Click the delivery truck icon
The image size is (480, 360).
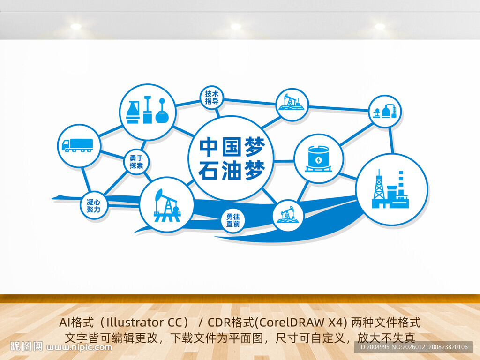[77, 145]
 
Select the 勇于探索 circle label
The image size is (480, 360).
[136, 162]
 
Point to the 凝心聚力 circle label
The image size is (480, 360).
[93, 206]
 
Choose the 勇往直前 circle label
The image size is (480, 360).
[232, 221]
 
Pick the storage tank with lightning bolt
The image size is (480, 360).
[319, 158]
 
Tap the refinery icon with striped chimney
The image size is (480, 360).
[391, 189]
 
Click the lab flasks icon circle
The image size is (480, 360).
[147, 112]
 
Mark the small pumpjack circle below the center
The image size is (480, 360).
[288, 215]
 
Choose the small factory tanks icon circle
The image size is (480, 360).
[385, 111]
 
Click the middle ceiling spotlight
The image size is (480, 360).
[235, 27]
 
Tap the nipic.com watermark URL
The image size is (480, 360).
[80, 347]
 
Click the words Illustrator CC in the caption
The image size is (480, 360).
[147, 323]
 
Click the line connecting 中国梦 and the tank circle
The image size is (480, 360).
[284, 161]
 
